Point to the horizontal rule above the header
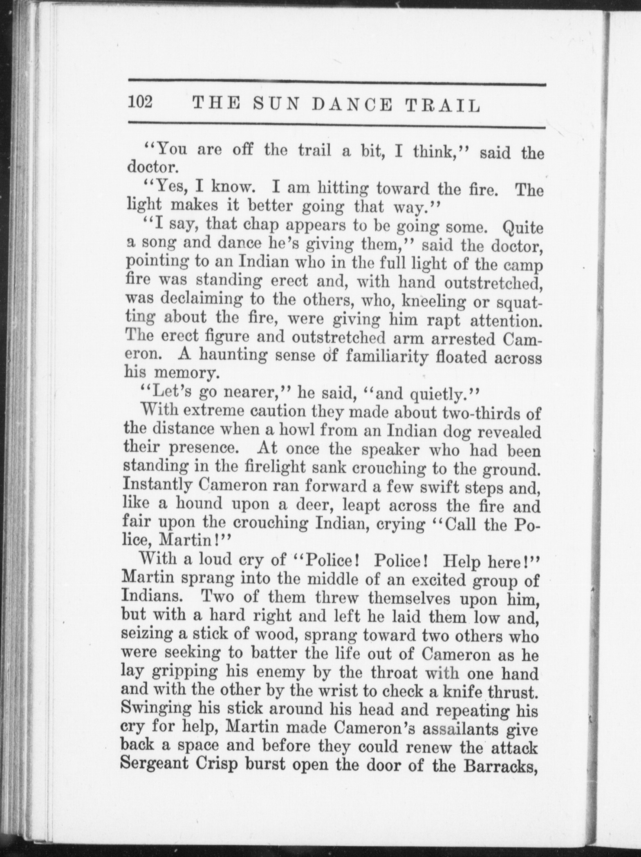click(337, 83)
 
